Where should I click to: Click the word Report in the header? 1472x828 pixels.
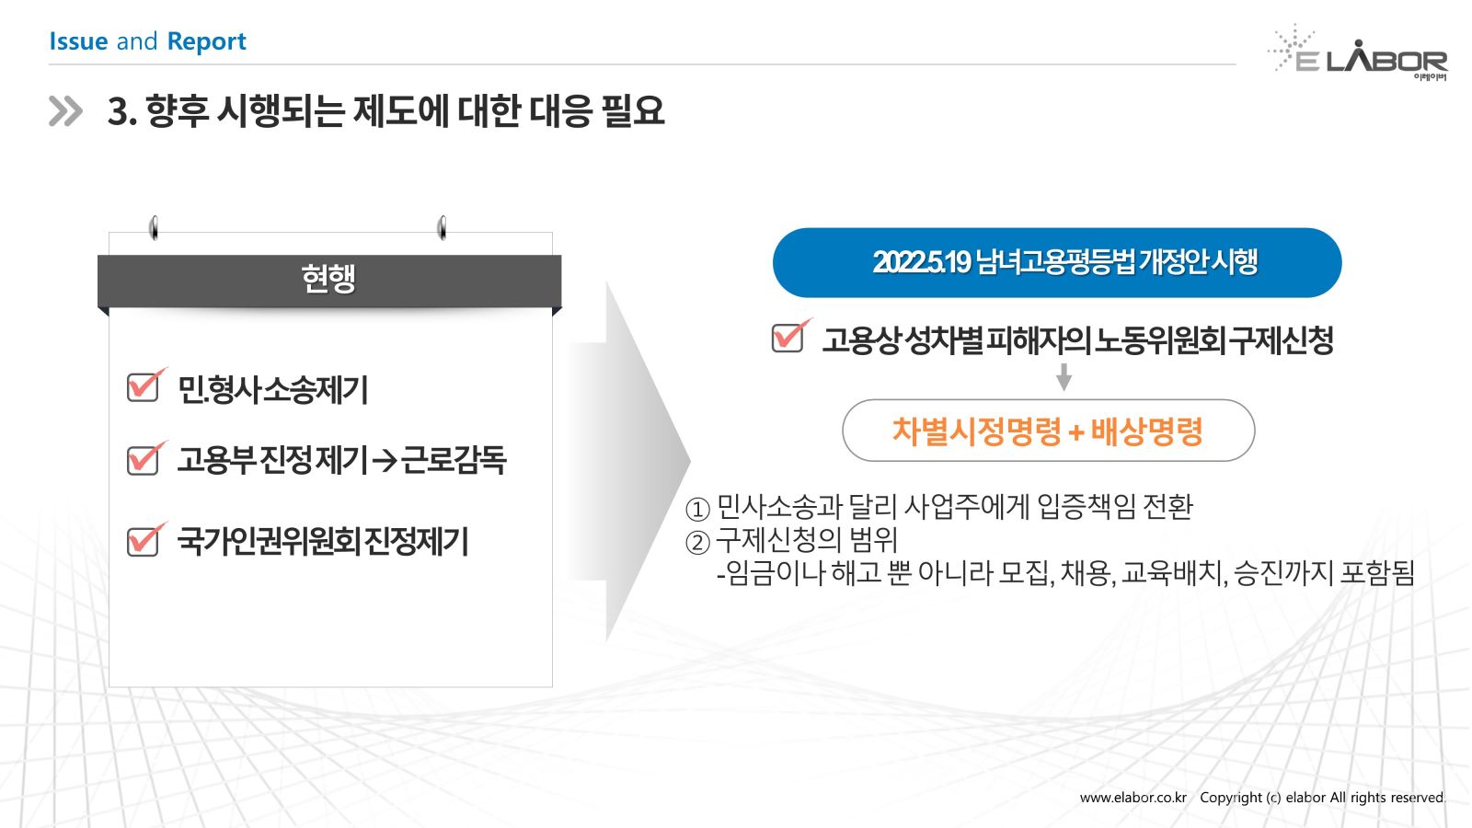point(206,41)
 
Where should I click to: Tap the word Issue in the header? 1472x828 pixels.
point(78,41)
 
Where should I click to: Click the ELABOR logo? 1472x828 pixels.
point(1358,53)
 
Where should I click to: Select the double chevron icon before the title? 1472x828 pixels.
point(65,111)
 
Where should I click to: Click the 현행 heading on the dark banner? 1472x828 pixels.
point(328,279)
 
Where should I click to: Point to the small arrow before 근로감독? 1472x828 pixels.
point(385,460)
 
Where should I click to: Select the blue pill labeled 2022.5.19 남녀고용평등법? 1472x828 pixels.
point(1057,263)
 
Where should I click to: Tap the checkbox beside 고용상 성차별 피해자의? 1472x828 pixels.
point(790,336)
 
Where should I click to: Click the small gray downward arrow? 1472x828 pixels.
point(1064,377)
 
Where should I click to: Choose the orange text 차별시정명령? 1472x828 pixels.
point(976,431)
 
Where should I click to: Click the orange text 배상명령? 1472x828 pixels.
point(1146,431)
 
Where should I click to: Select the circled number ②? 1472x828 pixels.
point(697,543)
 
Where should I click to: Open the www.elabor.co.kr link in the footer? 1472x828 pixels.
point(1133,798)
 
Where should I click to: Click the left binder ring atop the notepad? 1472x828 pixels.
point(154,228)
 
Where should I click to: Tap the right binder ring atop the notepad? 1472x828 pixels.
point(442,228)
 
